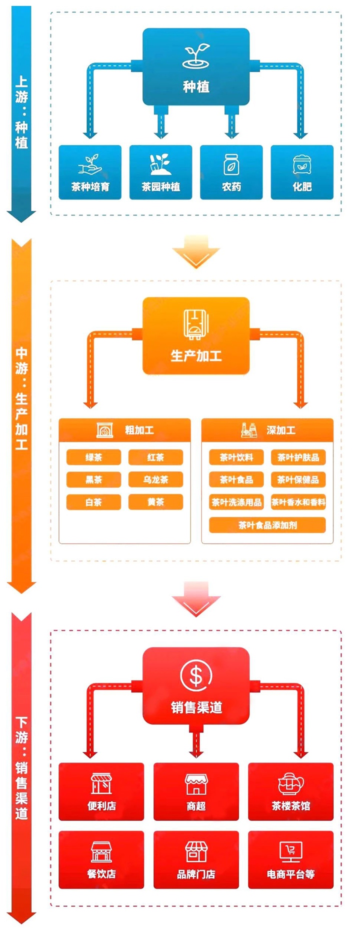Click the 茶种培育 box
90,172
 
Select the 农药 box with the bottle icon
231,172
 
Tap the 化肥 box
301,172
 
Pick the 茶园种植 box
160,172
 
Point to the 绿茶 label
93,457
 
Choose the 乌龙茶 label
155,480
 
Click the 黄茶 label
155,502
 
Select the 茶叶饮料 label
236,457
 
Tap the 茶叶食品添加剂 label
267,525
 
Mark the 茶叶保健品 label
298,480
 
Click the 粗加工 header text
139,430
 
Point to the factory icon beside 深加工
248,429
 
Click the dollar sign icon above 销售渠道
196,675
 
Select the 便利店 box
101,791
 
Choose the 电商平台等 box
290,859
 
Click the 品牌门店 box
196,859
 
